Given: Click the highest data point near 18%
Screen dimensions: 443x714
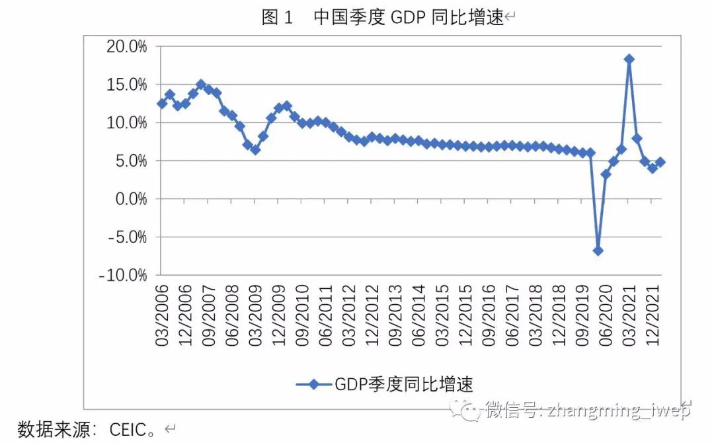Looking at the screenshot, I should click(629, 59).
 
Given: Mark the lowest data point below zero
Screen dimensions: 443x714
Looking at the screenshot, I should click(598, 251).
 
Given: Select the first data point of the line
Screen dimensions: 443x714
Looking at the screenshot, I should click(162, 104).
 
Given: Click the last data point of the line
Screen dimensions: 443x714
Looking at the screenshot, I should click(660, 162).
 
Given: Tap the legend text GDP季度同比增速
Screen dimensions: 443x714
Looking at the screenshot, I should click(404, 384).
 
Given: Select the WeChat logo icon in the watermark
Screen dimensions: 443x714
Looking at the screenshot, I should click(470, 411).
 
